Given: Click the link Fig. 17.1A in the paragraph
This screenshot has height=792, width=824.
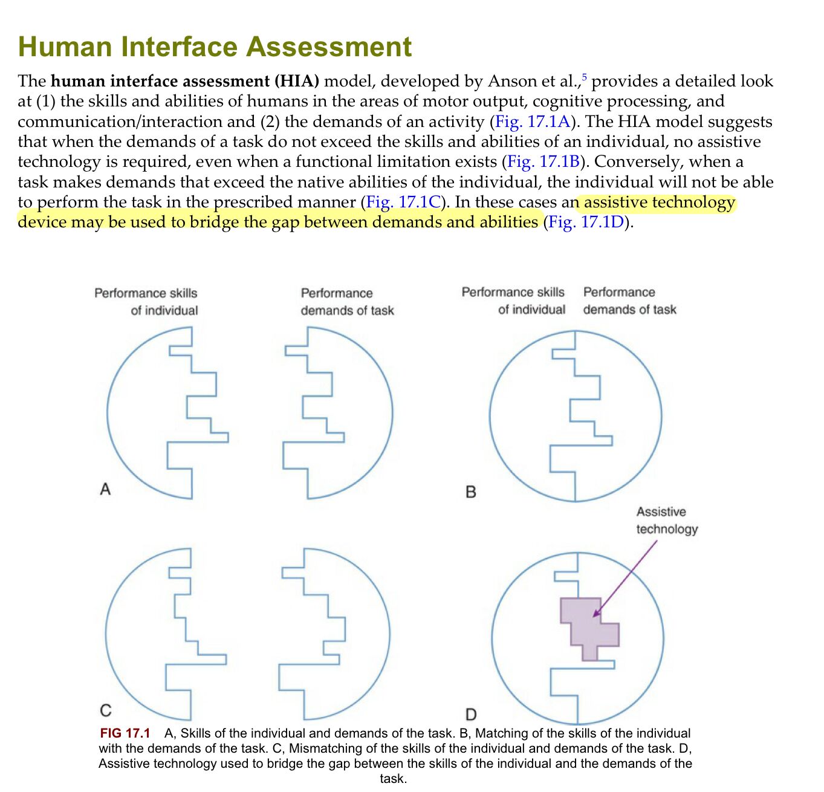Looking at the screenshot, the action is [x=533, y=122].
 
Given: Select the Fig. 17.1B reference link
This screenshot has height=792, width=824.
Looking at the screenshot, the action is [x=543, y=162].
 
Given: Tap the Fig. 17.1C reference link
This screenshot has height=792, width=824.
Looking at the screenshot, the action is [x=403, y=202].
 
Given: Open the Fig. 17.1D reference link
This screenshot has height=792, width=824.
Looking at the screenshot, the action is [x=586, y=222].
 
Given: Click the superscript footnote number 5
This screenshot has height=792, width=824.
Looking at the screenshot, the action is [x=585, y=77].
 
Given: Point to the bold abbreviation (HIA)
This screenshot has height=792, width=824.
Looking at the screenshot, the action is [x=297, y=81].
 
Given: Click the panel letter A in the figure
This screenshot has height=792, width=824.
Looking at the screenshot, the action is [x=105, y=489].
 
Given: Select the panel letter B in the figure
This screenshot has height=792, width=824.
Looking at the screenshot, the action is [x=471, y=492].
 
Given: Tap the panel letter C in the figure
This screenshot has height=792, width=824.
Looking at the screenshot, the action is [x=106, y=710].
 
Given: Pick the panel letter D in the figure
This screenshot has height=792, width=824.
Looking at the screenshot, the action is [x=472, y=715].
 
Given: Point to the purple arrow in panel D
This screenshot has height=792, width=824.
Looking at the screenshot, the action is [x=625, y=578].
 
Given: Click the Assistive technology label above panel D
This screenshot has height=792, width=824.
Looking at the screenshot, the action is [x=667, y=520].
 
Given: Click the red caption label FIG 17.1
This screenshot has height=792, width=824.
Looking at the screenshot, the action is [x=125, y=733].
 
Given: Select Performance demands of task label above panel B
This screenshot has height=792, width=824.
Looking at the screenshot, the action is [x=630, y=300].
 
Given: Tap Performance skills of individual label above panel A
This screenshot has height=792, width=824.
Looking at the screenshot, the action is [x=146, y=302].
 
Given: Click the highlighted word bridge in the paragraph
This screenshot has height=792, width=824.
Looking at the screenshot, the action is [x=214, y=222].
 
